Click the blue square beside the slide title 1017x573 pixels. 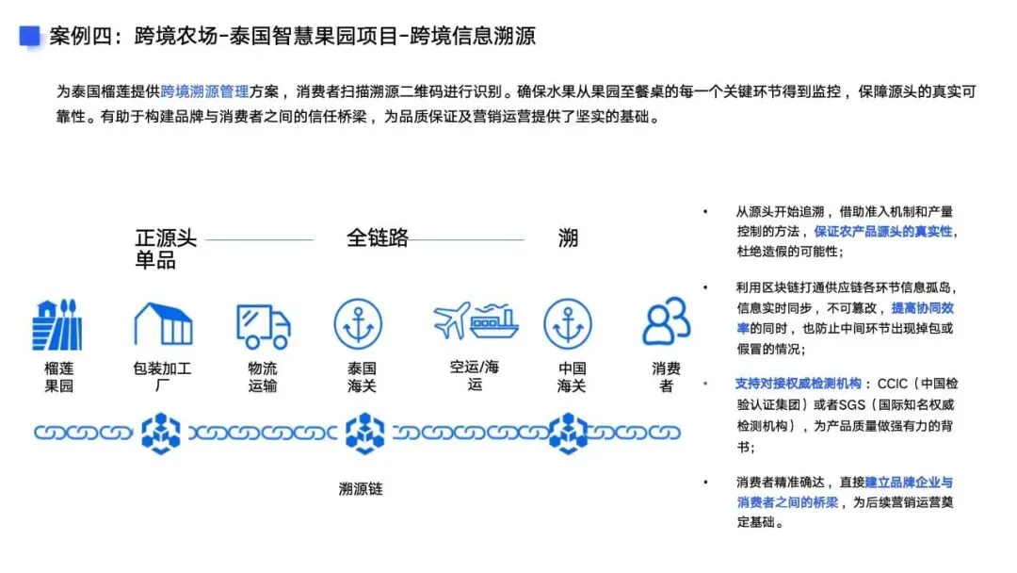tap(29, 36)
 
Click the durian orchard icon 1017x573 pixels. tap(56, 325)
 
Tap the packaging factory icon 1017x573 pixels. tap(163, 323)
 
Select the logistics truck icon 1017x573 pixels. tap(263, 326)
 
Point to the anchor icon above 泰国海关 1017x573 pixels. tap(358, 323)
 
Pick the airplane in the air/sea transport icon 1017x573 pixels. tap(451, 320)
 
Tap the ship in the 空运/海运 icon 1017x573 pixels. tap(494, 321)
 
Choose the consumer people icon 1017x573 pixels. tap(666, 321)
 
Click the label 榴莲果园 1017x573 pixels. tap(58, 377)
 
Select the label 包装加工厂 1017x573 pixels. tap(162, 377)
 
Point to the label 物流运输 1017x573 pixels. tap(263, 377)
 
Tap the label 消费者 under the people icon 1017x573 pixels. tap(666, 377)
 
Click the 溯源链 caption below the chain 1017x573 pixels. tap(361, 489)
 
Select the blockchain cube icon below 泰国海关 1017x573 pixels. tap(360, 433)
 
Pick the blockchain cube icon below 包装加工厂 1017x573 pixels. tap(161, 433)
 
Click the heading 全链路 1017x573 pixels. tap(378, 238)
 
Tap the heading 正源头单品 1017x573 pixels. tap(166, 249)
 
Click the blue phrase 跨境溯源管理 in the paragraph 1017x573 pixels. tap(205, 92)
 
